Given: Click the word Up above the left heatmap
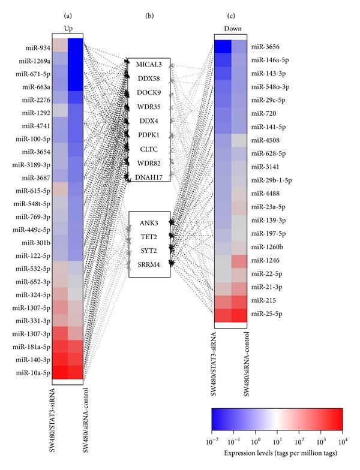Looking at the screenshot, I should pyautogui.click(x=67, y=28).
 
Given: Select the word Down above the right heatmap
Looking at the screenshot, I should pyautogui.click(x=230, y=28).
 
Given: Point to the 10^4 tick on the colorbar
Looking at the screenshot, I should pyautogui.click(x=342, y=442).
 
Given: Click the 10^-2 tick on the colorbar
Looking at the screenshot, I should pyautogui.click(x=214, y=442).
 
